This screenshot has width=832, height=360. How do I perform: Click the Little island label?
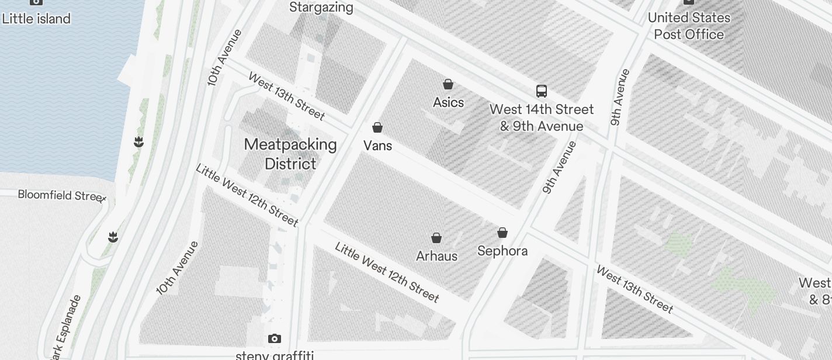(x=36, y=18)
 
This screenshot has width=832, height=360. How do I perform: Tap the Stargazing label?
(x=321, y=8)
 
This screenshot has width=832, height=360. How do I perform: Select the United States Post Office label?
(x=689, y=26)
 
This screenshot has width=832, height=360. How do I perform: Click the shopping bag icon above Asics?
(x=448, y=84)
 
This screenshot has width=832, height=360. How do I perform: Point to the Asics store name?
(x=448, y=102)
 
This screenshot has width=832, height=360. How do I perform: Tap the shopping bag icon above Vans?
(x=377, y=127)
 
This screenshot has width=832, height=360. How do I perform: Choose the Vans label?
(x=377, y=146)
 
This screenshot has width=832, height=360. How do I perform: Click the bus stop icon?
(x=542, y=91)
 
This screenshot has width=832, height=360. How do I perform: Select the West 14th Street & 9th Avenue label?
(x=542, y=117)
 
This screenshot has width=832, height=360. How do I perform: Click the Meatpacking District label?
(x=290, y=154)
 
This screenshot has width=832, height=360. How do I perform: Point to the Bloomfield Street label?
(x=61, y=195)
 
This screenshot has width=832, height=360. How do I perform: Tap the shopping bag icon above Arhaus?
(x=436, y=238)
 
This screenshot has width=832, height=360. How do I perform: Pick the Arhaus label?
(x=436, y=256)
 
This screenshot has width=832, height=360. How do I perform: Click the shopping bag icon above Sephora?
(x=502, y=233)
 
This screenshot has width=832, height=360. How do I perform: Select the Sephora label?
(x=502, y=251)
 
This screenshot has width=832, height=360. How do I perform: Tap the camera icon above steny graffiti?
(x=275, y=338)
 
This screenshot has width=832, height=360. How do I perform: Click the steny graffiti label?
(x=275, y=355)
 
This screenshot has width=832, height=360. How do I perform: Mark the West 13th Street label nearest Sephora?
(x=635, y=289)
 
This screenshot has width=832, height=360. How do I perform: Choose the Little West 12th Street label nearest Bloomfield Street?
(x=247, y=195)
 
